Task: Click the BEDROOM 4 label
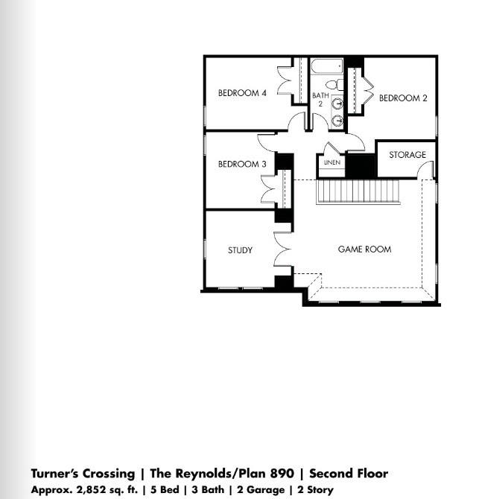[241, 93]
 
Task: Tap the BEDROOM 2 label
[403, 98]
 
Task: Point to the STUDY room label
[240, 250]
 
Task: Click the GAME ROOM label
[364, 249]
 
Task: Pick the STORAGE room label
[407, 155]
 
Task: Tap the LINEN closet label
[332, 162]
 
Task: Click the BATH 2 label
[320, 100]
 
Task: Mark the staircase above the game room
[359, 192]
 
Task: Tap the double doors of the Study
[284, 249]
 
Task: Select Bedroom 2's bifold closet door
[366, 90]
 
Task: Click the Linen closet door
[331, 147]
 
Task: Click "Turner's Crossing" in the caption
[82, 474]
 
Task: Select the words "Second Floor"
[348, 474]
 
